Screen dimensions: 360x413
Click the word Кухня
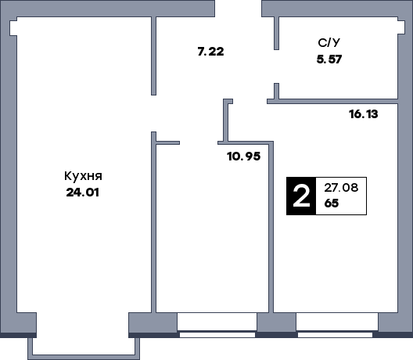(x=84, y=176)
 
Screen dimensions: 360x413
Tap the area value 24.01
(x=84, y=191)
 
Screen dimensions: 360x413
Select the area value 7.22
(x=211, y=52)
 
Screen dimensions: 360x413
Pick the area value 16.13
(x=364, y=113)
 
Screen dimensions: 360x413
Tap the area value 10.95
(x=243, y=156)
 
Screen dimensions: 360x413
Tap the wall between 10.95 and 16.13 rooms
(x=272, y=227)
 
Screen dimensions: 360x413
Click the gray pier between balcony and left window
(x=152, y=322)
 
